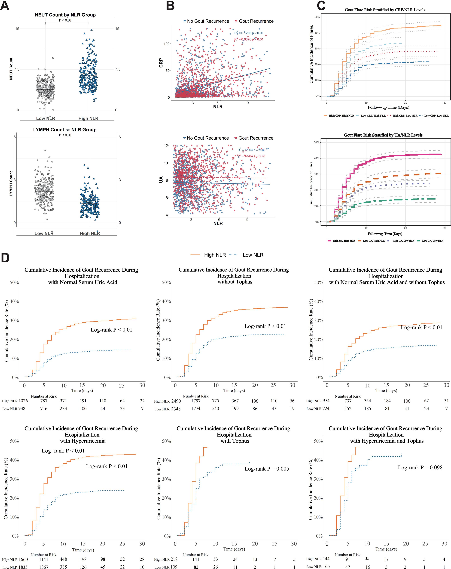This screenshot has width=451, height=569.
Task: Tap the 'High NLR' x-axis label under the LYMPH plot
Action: pyautogui.click(x=90, y=233)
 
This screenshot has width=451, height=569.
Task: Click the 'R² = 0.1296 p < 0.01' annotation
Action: pyautogui.click(x=249, y=33)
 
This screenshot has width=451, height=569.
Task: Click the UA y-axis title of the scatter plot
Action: pyautogui.click(x=161, y=180)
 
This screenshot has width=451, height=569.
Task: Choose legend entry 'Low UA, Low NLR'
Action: pyautogui.click(x=433, y=241)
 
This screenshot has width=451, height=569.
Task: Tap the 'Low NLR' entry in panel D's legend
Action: pyautogui.click(x=253, y=255)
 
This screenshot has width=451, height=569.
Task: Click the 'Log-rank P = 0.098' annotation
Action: pyautogui.click(x=420, y=467)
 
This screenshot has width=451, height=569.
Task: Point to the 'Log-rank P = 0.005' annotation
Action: pyautogui.click(x=267, y=469)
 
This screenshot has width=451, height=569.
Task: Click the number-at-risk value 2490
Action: pyautogui.click(x=176, y=401)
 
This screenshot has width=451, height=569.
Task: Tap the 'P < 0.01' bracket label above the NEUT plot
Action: pyautogui.click(x=65, y=20)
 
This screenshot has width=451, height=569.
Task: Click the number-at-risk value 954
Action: pyautogui.click(x=326, y=401)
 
